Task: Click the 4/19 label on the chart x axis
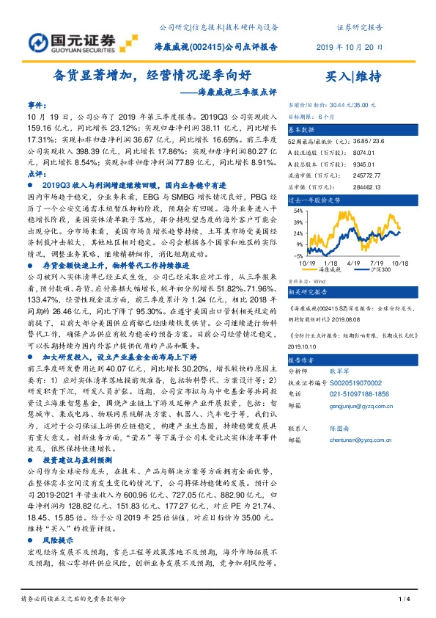tap(351, 262)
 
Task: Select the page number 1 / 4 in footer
tap(403, 600)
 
